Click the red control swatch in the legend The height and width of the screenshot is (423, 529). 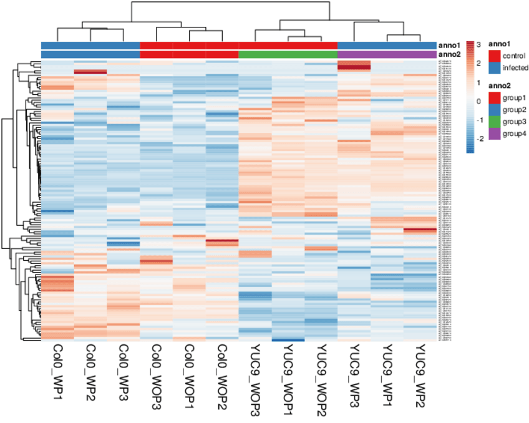coord(493,56)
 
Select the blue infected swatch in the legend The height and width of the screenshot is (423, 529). coord(493,67)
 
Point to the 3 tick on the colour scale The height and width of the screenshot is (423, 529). coord(478,45)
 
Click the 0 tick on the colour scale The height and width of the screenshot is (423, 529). coord(478,100)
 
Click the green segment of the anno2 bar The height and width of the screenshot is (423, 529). coord(288,54)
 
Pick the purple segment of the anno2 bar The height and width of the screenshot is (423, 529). coord(386,54)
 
